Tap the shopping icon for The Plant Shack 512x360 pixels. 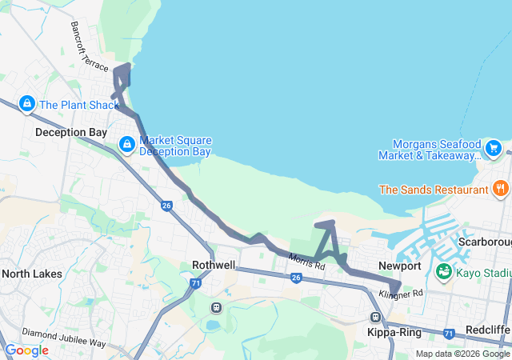coord(26,104)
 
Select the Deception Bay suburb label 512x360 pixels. coord(71,132)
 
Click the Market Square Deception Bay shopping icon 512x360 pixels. coord(126,144)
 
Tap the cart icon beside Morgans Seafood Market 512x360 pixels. coord(493,148)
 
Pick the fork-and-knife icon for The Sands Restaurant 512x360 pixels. coord(501,190)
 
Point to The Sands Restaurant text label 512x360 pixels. coord(433,190)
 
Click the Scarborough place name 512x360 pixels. coord(485,242)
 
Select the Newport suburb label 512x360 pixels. coord(400,266)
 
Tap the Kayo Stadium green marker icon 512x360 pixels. coord(442,272)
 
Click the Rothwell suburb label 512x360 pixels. coord(214,266)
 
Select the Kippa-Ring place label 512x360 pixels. coord(394,331)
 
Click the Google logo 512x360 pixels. coord(26,350)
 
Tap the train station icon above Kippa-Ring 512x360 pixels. coord(375,317)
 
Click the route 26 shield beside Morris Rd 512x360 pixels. coord(296,278)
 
